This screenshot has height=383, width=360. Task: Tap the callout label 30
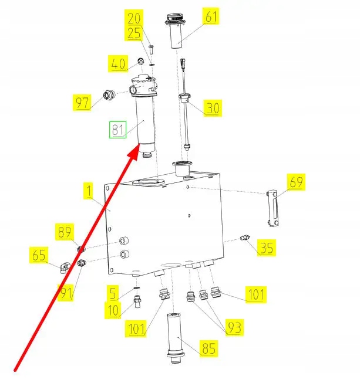(213, 108)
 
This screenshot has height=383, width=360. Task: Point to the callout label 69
(297, 183)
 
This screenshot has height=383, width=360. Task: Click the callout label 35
(267, 248)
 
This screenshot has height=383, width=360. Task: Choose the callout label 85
(208, 349)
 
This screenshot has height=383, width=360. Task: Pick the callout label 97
(82, 103)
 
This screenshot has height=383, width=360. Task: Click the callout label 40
(117, 62)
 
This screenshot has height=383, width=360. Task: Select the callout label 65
(39, 255)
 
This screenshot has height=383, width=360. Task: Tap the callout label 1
(88, 191)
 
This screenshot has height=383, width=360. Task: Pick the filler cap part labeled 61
(176, 32)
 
